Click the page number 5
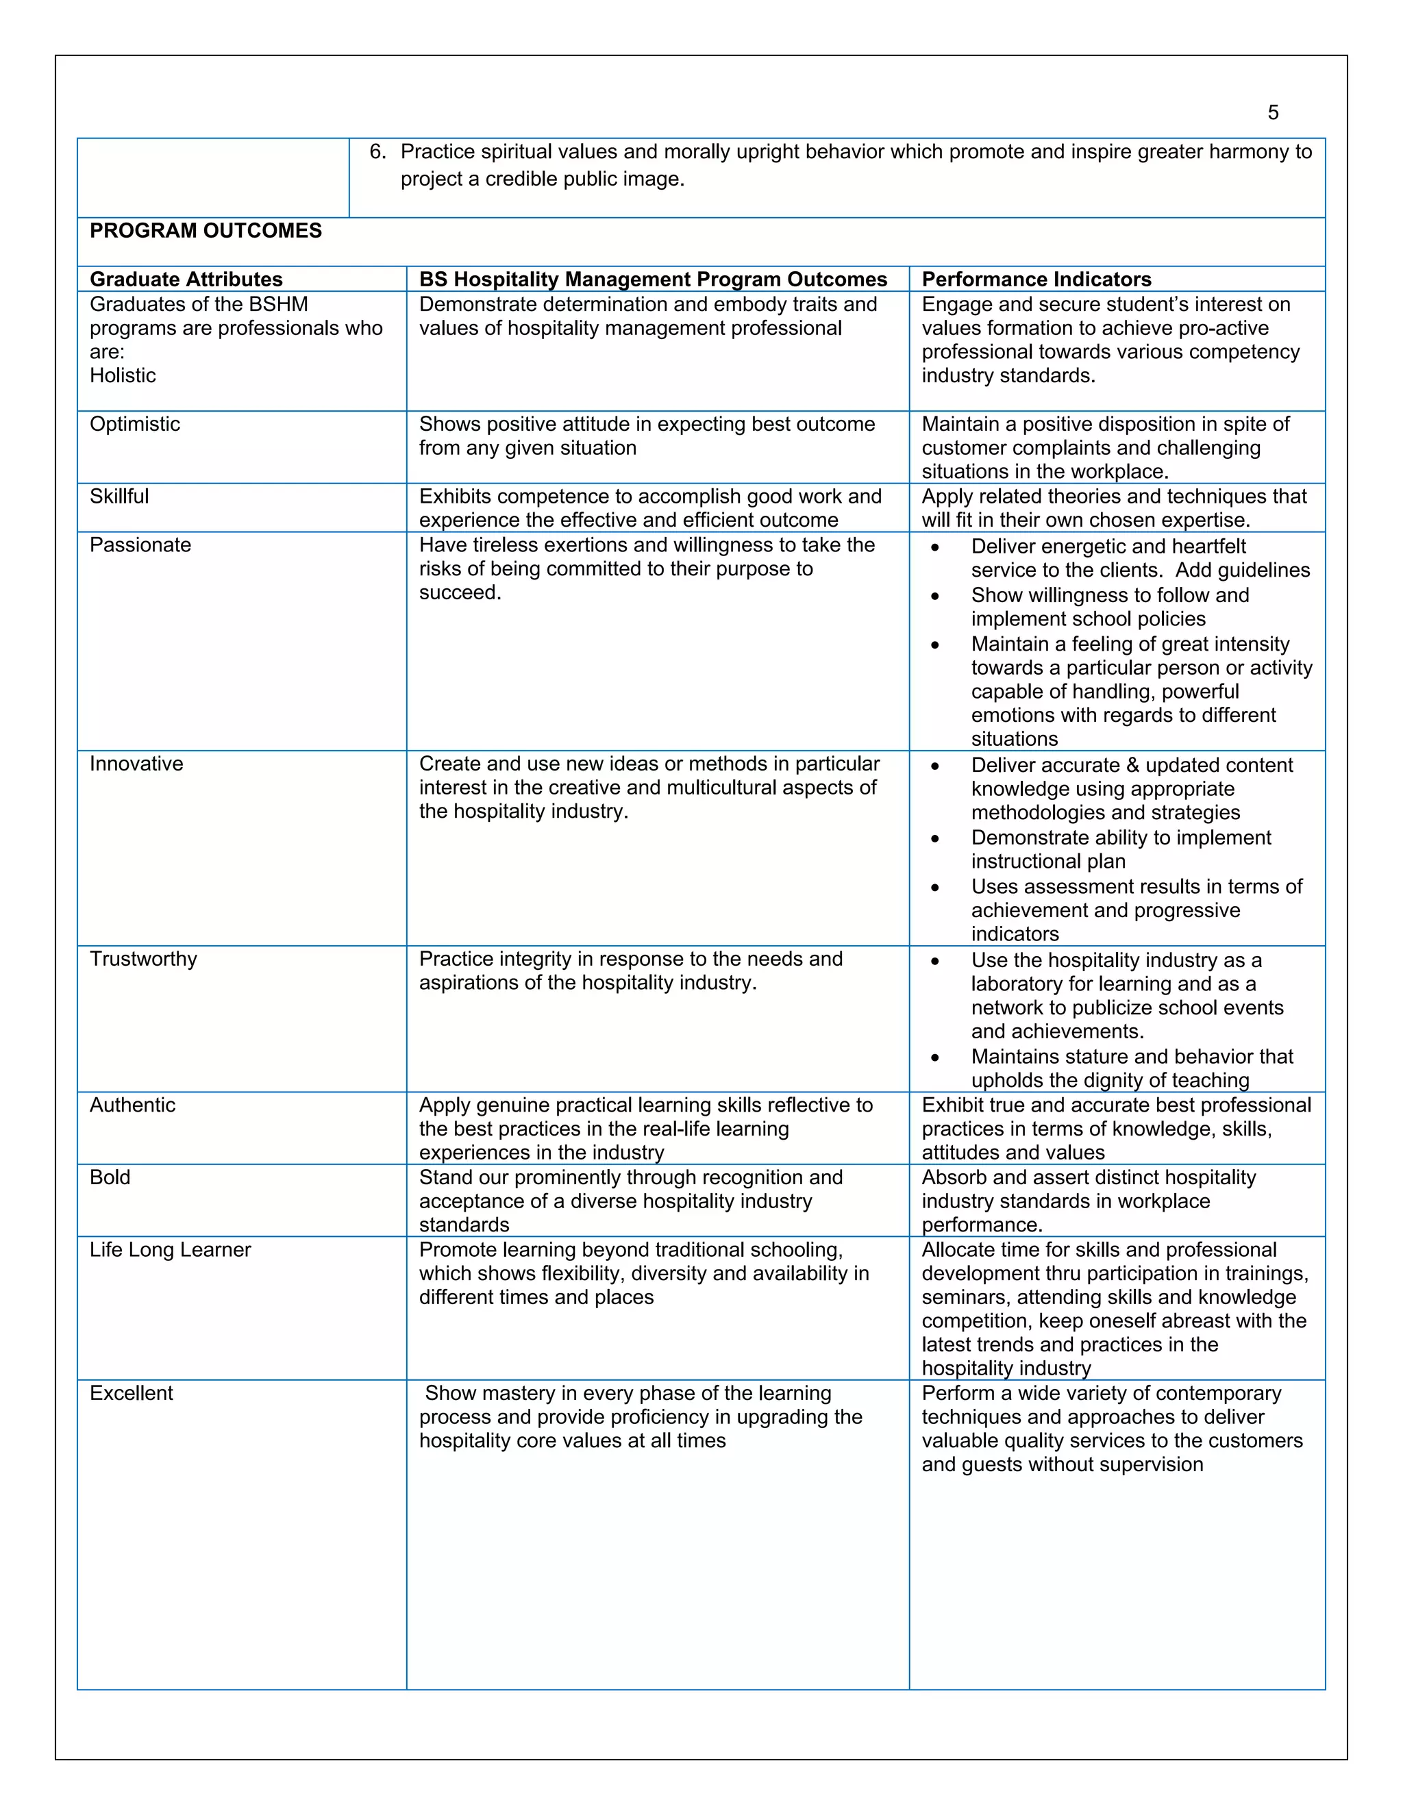1273,113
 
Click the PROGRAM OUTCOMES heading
206,231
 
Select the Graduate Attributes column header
186,279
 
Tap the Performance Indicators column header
1036,279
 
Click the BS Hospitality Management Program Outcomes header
652,279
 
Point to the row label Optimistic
135,425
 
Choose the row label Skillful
119,497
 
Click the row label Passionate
140,545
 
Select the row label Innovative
136,764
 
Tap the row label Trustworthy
144,959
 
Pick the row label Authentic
133,1105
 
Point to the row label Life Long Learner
171,1250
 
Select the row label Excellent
132,1394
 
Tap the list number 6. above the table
377,152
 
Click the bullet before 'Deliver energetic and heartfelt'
935,548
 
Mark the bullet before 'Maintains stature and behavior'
935,1058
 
